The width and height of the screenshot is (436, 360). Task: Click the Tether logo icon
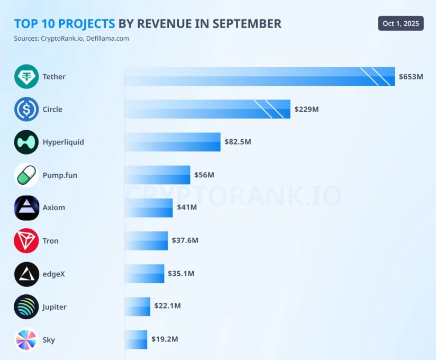(26, 77)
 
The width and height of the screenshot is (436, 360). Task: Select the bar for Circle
(207, 109)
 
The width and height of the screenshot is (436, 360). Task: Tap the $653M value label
(411, 77)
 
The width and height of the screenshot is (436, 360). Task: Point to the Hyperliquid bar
(172, 142)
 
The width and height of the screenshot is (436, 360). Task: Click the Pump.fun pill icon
(26, 175)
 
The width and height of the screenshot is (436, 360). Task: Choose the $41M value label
(187, 207)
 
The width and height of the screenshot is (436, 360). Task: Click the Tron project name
(51, 241)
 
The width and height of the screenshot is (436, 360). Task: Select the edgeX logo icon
(26, 274)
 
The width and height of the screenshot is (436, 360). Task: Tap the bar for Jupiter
(138, 307)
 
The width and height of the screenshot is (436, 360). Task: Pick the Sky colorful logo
(26, 340)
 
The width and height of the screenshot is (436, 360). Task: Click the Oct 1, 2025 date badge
(401, 23)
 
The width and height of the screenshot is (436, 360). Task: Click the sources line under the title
(71, 39)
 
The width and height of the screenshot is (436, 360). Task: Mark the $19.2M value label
(165, 339)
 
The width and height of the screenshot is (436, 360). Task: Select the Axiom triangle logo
(26, 208)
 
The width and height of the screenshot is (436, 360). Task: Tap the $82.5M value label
(238, 142)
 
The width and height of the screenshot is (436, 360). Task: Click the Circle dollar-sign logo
(26, 110)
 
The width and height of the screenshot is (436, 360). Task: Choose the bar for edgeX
(144, 274)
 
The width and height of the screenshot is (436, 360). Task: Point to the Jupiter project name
(54, 307)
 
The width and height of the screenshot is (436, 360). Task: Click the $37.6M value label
(185, 240)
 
